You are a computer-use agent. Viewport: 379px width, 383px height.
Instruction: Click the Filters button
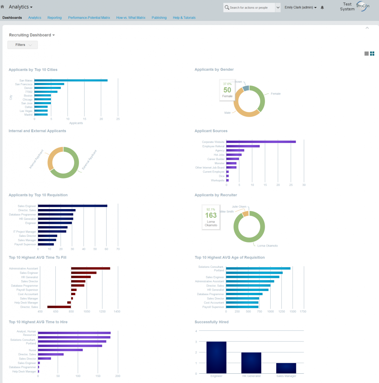[22, 45]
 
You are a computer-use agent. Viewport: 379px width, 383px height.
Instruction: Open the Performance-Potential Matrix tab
[89, 18]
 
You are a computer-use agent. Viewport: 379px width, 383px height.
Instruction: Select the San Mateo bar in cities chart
[71, 80]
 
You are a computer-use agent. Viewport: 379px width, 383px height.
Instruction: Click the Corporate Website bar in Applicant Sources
[261, 142]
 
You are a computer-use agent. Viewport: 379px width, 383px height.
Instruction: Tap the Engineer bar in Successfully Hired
[216, 357]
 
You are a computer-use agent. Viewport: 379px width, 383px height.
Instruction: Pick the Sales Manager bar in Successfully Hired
[286, 368]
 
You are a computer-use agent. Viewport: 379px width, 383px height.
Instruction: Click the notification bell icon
[322, 7]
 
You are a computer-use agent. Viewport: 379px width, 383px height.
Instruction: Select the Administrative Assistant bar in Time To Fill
[90, 269]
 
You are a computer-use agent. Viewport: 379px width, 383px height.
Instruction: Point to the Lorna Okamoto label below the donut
[267, 246]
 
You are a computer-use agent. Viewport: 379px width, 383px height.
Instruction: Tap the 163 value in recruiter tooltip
[211, 215]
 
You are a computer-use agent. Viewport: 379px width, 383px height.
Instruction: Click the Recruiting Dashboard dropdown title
[32, 35]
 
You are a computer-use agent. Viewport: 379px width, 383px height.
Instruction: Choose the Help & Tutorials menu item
[184, 18]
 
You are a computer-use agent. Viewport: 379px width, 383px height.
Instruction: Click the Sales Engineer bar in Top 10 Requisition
[73, 206]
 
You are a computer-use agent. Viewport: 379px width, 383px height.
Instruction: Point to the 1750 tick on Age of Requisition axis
[303, 311]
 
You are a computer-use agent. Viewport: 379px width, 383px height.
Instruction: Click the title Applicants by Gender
[214, 70]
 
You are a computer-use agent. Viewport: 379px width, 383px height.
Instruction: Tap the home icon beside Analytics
[3, 7]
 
